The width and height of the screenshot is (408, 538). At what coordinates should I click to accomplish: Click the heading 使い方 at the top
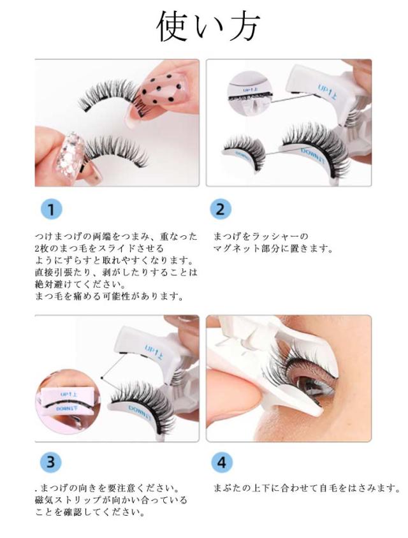point(208,26)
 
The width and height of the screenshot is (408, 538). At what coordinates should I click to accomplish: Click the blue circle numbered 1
point(51,209)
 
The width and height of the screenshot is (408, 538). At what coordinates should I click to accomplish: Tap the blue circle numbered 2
point(220,209)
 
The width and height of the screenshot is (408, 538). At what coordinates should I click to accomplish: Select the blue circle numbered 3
point(50,462)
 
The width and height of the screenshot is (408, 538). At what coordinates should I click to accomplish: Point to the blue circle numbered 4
point(222,462)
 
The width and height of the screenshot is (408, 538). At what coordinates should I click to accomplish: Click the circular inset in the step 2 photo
point(250,92)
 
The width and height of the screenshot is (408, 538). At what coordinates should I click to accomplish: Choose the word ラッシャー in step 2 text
point(276,236)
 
